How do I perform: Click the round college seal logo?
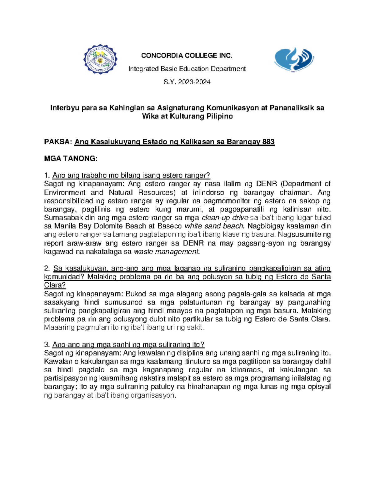coord(100,59)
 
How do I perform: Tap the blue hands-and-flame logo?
coord(294,60)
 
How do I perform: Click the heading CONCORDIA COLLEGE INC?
coord(187,56)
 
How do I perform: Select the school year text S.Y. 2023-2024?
coord(187,82)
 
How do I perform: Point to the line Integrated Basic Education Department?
coord(187,69)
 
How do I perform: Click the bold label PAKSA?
coord(58,142)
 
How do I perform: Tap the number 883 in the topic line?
coord(268,142)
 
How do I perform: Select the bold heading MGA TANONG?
coord(71,159)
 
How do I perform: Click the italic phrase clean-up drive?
coord(225,218)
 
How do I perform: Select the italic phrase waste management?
coord(166,252)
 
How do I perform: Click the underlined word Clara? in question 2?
coord(55,285)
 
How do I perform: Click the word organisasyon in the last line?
coord(153,395)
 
